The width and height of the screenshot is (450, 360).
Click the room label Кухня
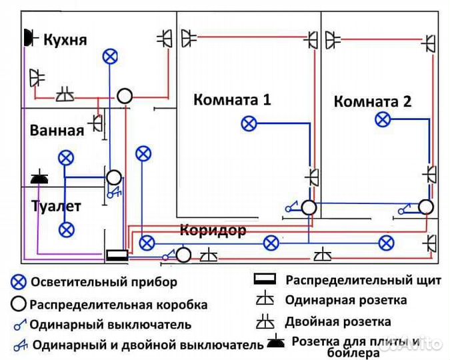[x=65, y=40]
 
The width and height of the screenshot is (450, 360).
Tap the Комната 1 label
[x=232, y=100]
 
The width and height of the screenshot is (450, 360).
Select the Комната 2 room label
[x=373, y=102]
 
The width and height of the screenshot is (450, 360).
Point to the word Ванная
[x=57, y=130]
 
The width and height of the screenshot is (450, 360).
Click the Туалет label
[x=56, y=206]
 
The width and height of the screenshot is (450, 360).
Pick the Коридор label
[x=213, y=231]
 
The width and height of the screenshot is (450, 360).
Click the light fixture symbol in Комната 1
[x=249, y=123]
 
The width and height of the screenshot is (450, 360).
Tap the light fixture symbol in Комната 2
[x=382, y=119]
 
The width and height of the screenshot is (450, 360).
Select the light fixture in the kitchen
[x=111, y=57]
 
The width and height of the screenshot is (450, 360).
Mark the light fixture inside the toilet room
[x=65, y=230]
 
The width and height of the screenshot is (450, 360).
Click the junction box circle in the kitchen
[x=125, y=96]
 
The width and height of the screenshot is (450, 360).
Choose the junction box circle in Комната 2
[x=426, y=206]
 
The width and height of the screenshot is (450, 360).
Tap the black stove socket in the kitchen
[x=29, y=38]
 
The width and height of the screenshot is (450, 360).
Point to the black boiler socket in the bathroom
[x=39, y=178]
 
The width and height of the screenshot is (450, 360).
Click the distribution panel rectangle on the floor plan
[x=117, y=254]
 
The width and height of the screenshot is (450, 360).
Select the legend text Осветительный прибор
[x=104, y=282]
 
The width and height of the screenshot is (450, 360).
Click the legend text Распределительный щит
[x=363, y=280]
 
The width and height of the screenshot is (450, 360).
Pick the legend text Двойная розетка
[x=338, y=322]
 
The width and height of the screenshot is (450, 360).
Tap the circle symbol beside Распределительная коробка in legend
[x=19, y=304]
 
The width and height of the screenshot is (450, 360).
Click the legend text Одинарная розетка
[x=343, y=301]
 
